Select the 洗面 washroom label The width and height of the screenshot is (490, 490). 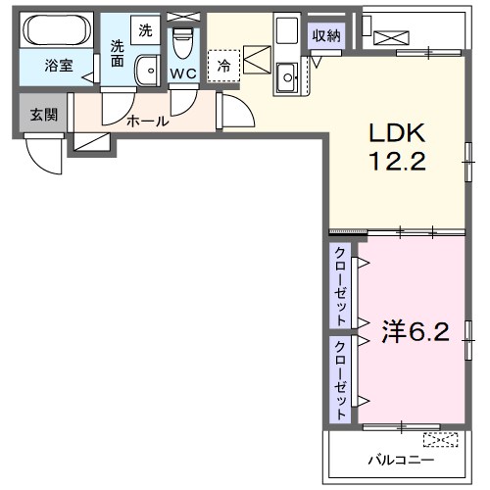tap(119, 52)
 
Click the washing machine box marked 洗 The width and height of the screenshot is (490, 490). tap(145, 30)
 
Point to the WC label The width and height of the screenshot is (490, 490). tap(183, 73)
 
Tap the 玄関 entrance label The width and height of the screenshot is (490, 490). tap(42, 115)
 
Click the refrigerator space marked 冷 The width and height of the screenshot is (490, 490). tap(223, 66)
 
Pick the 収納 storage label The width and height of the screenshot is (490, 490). tap(327, 36)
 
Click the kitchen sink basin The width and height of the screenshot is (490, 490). tap(288, 75)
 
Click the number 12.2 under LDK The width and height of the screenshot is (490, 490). tap(397, 162)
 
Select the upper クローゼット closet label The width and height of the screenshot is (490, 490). tap(340, 286)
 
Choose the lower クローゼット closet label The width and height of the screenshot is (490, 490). tap(340, 379)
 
